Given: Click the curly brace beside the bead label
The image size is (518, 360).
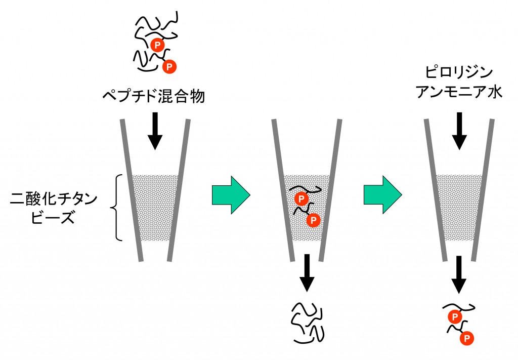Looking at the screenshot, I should click(116, 207).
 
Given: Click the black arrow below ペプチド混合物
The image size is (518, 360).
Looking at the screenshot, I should click(155, 133).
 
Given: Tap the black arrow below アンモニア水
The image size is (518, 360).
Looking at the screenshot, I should click(459, 130).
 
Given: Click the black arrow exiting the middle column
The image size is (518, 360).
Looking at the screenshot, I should click(307, 273).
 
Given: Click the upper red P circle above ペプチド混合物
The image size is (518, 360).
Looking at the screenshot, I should click(157, 45).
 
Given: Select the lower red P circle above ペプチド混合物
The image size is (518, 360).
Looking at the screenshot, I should click(170, 65).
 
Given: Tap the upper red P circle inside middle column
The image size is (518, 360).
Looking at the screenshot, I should click(300, 198).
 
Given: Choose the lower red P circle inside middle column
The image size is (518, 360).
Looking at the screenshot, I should click(314, 219).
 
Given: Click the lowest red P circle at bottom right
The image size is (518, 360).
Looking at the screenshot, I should click(467, 337).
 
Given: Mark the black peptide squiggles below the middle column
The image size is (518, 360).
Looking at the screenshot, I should click(307, 322).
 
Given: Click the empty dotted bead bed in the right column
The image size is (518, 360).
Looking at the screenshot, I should click(459, 208).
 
